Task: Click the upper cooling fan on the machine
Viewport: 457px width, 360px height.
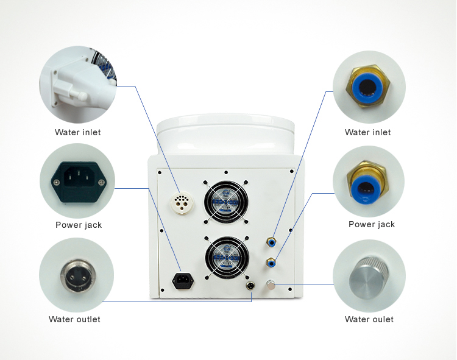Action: [226, 202]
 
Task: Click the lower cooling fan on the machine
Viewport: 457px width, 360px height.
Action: [227, 258]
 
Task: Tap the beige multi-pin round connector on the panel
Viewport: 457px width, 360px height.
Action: [182, 202]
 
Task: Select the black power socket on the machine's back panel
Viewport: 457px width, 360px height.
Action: [183, 281]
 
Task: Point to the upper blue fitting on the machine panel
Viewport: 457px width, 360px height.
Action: [271, 242]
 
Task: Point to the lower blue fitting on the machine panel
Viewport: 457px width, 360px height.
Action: [271, 263]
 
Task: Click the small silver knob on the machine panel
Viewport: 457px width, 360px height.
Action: [271, 284]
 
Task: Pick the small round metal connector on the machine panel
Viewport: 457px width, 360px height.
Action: [250, 286]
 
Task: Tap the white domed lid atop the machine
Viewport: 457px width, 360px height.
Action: [225, 135]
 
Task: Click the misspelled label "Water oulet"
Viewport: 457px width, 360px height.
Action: [369, 319]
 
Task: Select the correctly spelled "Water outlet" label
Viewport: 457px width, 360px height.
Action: [74, 319]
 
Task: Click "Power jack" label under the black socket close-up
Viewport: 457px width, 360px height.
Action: [79, 225]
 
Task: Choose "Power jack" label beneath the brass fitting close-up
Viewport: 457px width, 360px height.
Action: [372, 224]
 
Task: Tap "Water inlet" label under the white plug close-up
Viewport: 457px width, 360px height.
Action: [78, 132]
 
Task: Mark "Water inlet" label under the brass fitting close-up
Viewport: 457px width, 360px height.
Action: [368, 132]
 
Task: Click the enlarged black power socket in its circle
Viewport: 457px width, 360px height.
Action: [79, 182]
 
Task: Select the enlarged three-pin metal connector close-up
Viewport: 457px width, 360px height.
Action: [78, 275]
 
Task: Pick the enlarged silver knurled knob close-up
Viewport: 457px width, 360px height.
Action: [369, 278]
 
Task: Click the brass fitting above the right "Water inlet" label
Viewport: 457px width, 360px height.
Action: [368, 86]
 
